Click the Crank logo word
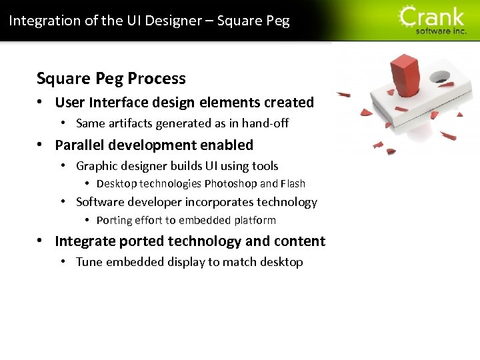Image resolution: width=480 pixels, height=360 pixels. coord(432,16)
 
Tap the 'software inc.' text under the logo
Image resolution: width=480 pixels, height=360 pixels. coord(441,31)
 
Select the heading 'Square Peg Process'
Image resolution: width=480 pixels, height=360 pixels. coord(111,78)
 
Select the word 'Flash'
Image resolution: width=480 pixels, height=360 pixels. coord(293,183)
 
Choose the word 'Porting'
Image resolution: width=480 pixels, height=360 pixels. coord(115,220)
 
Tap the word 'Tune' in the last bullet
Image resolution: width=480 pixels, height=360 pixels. coord(89,261)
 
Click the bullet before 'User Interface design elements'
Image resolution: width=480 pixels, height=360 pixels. coord(41,103)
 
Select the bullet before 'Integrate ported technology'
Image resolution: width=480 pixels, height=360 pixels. coord(41,241)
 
